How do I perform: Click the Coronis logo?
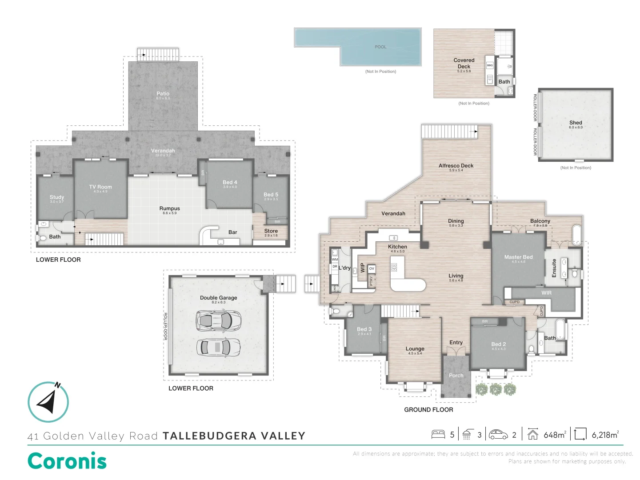67,461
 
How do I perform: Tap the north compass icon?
48,402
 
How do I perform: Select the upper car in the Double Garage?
219,320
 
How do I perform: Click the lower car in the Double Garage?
219,347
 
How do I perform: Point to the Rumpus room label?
170,208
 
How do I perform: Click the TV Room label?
100,187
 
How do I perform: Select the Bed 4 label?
230,182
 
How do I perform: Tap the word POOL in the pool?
380,47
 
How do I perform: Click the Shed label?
576,123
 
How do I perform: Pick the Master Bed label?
518,257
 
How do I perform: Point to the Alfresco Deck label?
456,166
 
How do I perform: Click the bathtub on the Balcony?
577,232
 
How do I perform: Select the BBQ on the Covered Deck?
489,65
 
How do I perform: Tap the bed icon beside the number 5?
438,434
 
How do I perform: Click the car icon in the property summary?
498,434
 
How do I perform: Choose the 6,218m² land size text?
605,435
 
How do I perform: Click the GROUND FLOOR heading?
428,410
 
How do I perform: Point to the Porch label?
456,376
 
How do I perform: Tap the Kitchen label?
397,247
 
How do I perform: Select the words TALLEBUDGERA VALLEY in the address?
234,436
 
